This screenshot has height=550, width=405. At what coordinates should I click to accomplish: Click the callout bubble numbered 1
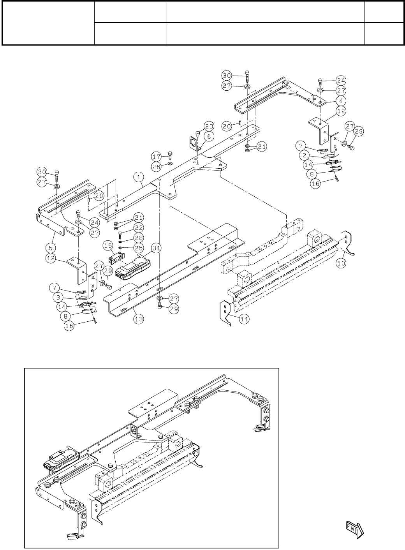point(138,177)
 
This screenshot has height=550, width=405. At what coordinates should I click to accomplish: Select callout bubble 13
point(139,319)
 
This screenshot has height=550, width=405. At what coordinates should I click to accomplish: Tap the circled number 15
point(108,245)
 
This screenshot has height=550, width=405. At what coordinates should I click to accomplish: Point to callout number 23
point(210,126)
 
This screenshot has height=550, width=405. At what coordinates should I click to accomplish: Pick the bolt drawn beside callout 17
point(170,154)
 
